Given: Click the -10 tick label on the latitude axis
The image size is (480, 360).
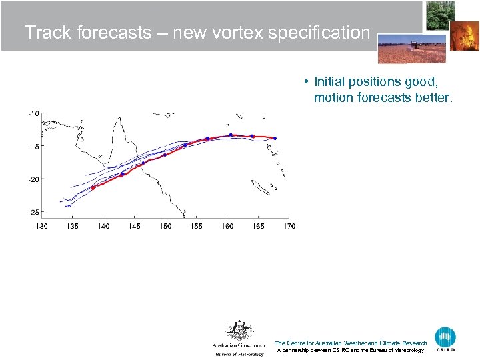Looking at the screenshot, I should (x=33, y=113).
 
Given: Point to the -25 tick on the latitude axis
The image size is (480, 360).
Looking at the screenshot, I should (x=33, y=212).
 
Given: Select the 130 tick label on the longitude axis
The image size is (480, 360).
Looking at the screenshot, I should (x=41, y=227).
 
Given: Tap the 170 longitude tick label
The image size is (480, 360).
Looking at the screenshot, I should (x=289, y=227).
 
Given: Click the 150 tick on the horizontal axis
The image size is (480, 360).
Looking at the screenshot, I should (x=165, y=227).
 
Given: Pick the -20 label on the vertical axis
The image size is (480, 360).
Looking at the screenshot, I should (x=33, y=179).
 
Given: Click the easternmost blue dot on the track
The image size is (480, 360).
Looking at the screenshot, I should (x=275, y=139).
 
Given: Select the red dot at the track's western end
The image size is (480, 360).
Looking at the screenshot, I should (x=93, y=188).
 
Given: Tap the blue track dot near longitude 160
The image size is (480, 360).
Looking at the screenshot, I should (x=231, y=135).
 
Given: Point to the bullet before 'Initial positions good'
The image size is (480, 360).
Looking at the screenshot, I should (x=303, y=82).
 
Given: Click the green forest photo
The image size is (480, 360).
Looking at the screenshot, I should (x=440, y=15).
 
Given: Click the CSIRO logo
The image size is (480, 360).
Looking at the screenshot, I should (x=445, y=339).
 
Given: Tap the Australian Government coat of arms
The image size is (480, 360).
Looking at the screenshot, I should (x=239, y=331).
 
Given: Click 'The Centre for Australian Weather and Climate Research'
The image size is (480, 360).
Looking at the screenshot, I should (x=351, y=343).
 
